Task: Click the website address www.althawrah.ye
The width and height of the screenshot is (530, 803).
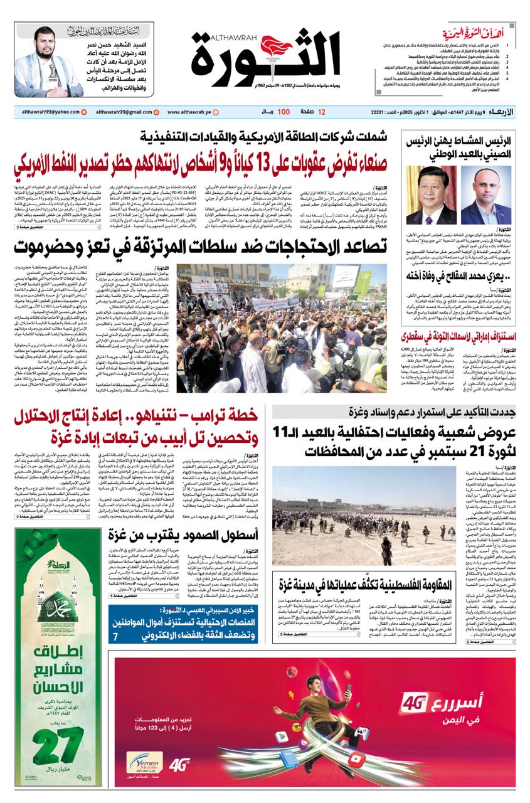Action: pyautogui.click(x=189, y=112)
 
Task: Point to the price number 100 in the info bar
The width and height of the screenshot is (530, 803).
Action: pyautogui.click(x=283, y=112)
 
